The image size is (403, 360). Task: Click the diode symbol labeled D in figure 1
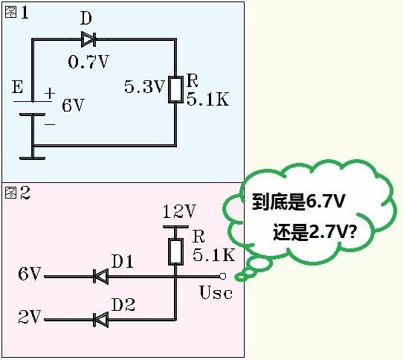pyautogui.click(x=88, y=39)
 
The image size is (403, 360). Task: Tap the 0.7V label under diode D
pyautogui.click(x=88, y=61)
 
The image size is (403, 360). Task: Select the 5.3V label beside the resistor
pyautogui.click(x=144, y=87)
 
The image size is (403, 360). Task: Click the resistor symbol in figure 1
pyautogui.click(x=175, y=89)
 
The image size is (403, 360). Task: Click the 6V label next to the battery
pyautogui.click(x=73, y=106)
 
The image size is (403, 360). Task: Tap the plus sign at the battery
pyautogui.click(x=50, y=94)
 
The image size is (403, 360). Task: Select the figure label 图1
pyautogui.click(x=17, y=13)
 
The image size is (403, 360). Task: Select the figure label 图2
pyautogui.click(x=17, y=193)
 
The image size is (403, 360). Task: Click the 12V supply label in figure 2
pyautogui.click(x=178, y=211)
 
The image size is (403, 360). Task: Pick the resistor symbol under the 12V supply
pyautogui.click(x=176, y=251)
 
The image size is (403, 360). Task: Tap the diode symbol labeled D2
pyautogui.click(x=100, y=319)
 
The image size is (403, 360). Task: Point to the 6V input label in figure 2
pyautogui.click(x=28, y=274)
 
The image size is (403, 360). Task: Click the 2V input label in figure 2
pyautogui.click(x=28, y=318)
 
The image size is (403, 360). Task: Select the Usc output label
pyautogui.click(x=216, y=292)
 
